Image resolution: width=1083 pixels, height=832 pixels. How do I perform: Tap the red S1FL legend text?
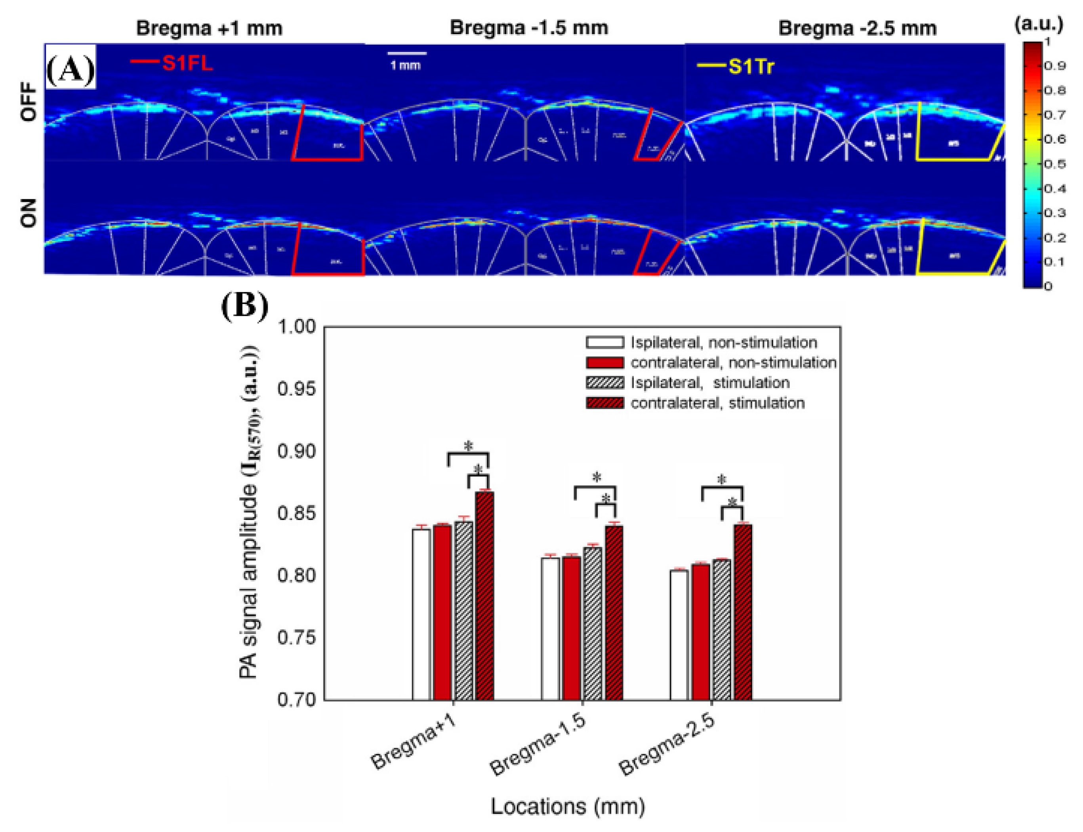(187, 63)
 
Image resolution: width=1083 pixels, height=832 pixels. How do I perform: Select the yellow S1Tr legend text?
(750, 66)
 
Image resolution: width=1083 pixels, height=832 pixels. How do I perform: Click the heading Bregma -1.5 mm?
(529, 28)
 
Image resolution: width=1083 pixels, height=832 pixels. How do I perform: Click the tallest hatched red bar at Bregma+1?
(484, 594)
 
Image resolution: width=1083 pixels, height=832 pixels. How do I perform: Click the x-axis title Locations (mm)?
(568, 806)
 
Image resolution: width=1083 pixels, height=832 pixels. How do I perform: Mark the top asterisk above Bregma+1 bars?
(468, 446)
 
